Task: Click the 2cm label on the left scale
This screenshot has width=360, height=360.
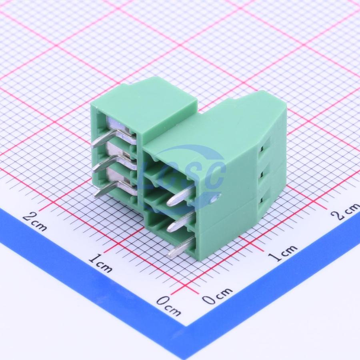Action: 35,222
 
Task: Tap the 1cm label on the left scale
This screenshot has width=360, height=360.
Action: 100,263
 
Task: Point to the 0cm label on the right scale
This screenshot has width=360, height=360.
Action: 217,296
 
